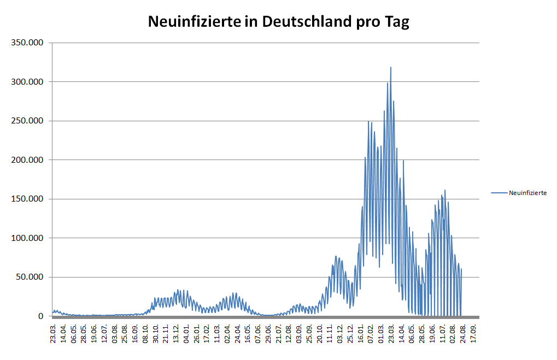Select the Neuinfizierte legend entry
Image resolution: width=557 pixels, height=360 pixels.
[527, 193]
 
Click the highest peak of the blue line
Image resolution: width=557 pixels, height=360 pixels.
[391, 68]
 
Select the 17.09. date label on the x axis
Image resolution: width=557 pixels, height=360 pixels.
[474, 331]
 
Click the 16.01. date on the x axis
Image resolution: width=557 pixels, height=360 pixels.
[361, 331]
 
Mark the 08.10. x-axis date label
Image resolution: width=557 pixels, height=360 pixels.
[145, 331]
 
